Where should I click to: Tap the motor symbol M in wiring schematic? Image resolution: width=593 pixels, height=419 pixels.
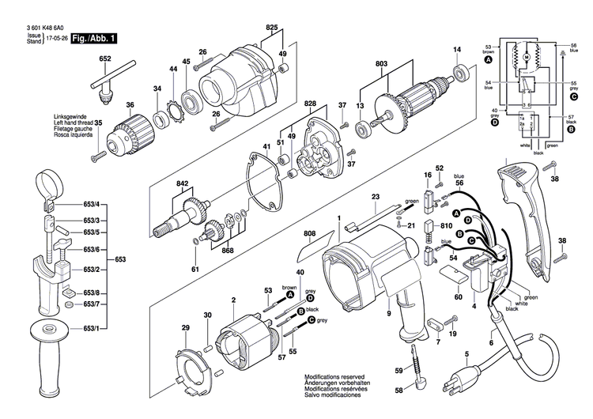[525, 57]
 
